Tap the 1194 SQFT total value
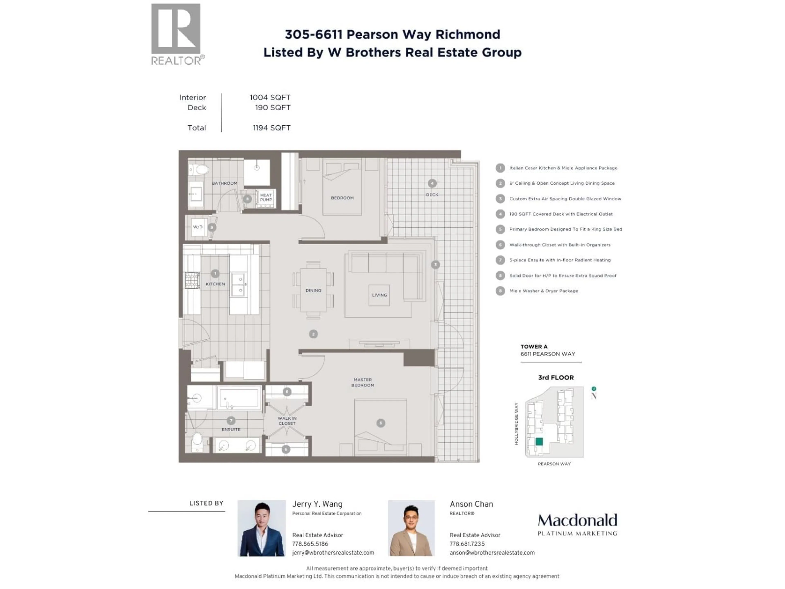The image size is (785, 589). [271, 128]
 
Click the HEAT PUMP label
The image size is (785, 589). [266, 197]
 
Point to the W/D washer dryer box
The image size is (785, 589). [198, 227]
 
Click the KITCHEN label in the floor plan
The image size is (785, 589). [215, 284]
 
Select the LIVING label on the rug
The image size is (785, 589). [379, 295]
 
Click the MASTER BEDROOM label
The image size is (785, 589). [362, 382]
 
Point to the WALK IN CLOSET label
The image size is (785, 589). [287, 421]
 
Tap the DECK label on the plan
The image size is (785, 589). [432, 194]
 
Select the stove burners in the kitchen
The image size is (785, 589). [192, 280]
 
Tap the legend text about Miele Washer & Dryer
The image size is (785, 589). [544, 291]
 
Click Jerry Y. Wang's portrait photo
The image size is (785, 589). [261, 528]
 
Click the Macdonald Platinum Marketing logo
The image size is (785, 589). [577, 524]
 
